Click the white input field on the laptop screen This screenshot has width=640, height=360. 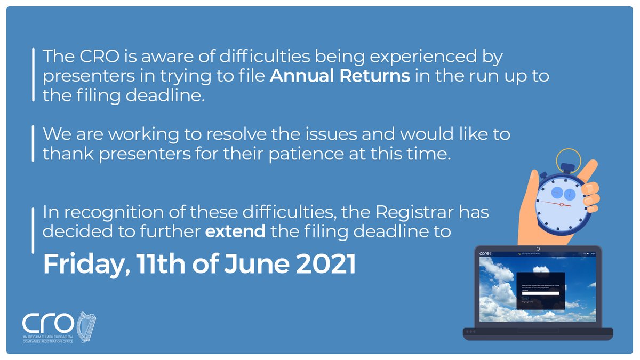point(540,293)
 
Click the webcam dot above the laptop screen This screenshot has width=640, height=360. point(538,249)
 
